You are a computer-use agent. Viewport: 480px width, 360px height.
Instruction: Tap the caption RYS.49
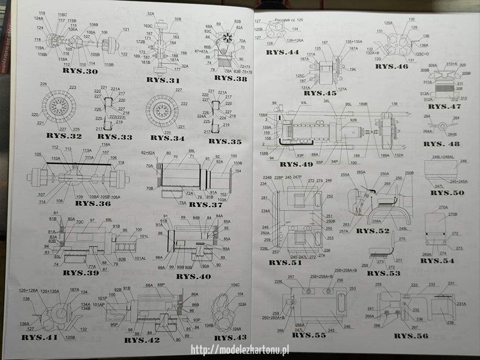[296, 164]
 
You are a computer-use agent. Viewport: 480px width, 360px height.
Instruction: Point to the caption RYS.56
[411, 336]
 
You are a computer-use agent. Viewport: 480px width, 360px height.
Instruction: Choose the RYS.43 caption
[230, 337]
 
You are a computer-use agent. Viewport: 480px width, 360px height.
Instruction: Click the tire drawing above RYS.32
[59, 105]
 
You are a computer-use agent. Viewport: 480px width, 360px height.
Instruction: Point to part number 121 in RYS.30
[126, 30]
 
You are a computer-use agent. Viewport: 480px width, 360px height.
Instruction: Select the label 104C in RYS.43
[235, 285]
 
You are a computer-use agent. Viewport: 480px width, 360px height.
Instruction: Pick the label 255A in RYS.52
[345, 175]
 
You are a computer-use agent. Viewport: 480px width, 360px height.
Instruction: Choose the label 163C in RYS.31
[148, 26]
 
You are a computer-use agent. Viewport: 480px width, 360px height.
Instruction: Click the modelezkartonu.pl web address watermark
[240, 350]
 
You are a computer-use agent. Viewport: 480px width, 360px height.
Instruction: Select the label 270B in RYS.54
[452, 214]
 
